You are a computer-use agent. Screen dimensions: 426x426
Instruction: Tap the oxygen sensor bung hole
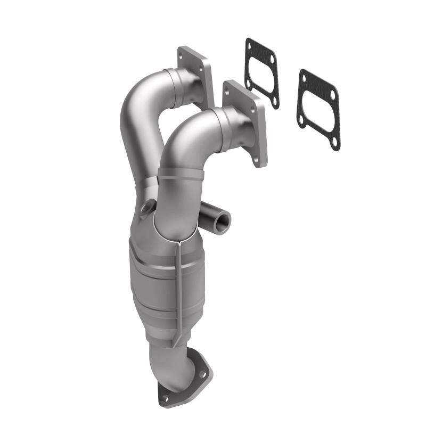(146, 211)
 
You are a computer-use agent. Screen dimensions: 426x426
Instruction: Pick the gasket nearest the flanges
(261, 73)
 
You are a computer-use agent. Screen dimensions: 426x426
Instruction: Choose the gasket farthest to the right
(318, 109)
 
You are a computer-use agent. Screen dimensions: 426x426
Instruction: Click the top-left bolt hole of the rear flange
(184, 54)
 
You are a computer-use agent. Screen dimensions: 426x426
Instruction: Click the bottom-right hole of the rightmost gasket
(334, 142)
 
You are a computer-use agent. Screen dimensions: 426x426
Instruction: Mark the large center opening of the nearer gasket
(261, 73)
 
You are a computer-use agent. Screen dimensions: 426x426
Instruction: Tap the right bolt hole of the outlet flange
(203, 374)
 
